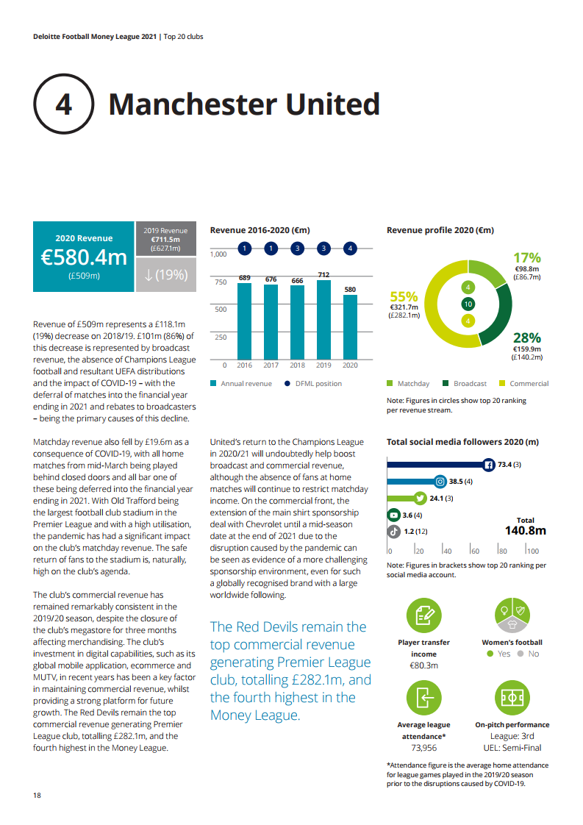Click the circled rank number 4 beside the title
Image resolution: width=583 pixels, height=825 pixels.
click(x=64, y=105)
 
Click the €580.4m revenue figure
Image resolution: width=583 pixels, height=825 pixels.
click(x=84, y=257)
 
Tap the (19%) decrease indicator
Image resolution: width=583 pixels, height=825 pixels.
click(x=166, y=275)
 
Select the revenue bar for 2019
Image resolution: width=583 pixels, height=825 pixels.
click(x=324, y=322)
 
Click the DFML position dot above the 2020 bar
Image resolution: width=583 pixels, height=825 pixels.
click(x=351, y=249)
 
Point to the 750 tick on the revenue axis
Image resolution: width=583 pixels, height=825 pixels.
click(x=220, y=282)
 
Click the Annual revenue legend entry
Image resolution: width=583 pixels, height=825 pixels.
click(x=241, y=384)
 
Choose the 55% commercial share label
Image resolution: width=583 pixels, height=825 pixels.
click(x=404, y=296)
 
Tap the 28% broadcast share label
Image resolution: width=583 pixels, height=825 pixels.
click(x=527, y=337)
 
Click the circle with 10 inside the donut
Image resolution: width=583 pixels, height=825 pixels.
click(x=468, y=304)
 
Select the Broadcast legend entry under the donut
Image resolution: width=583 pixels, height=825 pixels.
click(x=465, y=384)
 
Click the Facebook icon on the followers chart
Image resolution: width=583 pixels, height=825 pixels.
click(x=489, y=465)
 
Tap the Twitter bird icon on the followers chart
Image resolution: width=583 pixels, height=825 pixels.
click(x=421, y=499)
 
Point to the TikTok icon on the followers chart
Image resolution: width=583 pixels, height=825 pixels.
click(x=393, y=531)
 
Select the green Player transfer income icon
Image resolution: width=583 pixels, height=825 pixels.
click(x=423, y=615)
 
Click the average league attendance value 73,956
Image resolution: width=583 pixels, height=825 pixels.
click(x=423, y=747)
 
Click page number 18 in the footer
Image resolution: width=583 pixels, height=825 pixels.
click(x=37, y=796)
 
